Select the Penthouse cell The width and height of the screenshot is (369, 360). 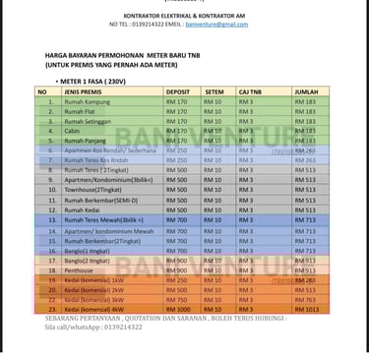click(x=79, y=270)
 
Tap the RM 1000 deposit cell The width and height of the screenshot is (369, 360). click(x=178, y=309)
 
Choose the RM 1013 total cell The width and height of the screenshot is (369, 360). click(x=306, y=309)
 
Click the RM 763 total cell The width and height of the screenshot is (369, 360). click(x=305, y=299)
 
